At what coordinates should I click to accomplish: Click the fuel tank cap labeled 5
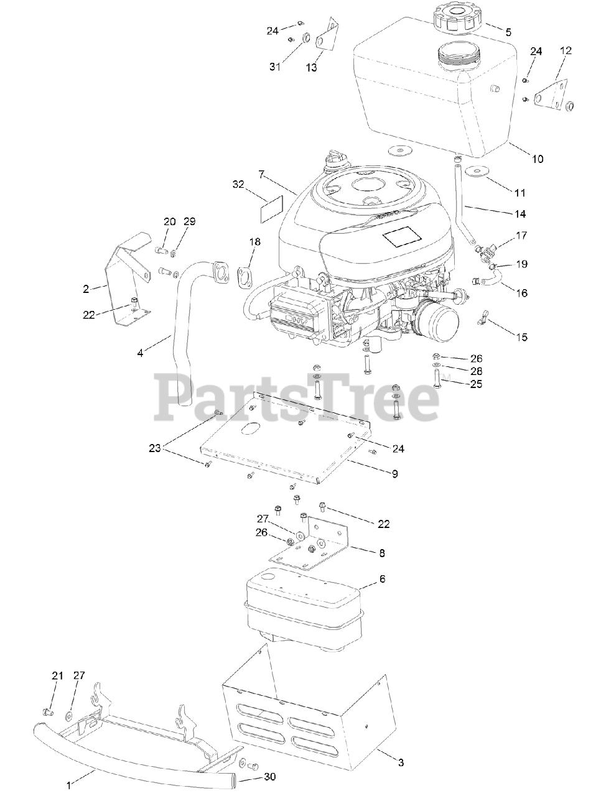458,21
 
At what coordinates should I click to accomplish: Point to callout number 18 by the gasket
255,241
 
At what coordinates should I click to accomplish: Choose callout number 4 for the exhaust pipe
140,353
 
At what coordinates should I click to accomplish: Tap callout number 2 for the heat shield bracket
86,288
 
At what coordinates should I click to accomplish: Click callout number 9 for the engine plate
394,473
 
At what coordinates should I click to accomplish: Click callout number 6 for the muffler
382,579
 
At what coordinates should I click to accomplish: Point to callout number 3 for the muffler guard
401,762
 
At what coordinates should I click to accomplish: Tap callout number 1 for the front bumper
69,785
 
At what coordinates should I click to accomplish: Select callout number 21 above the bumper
57,676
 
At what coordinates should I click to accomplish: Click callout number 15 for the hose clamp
521,337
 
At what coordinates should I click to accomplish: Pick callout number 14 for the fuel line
520,214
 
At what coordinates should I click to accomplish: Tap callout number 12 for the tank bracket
566,51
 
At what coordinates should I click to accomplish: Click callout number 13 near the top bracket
312,67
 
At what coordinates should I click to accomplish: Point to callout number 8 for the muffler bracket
381,552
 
